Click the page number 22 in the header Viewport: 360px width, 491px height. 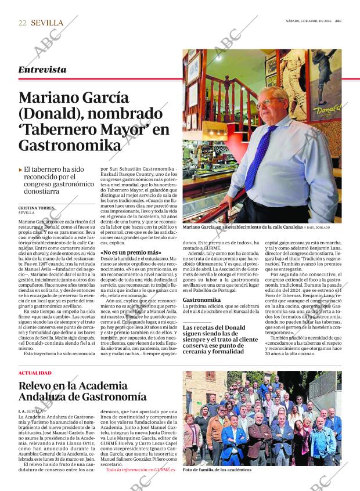click(x=23, y=23)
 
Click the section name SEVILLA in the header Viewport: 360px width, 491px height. click(x=47, y=23)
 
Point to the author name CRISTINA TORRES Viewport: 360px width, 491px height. click(x=37, y=207)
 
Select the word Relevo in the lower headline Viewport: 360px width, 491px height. click(x=39, y=385)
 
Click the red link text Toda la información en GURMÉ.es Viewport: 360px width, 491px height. click(x=141, y=469)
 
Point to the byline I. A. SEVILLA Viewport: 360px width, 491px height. click(x=30, y=410)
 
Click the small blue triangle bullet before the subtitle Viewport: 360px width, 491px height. click(x=20, y=169)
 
